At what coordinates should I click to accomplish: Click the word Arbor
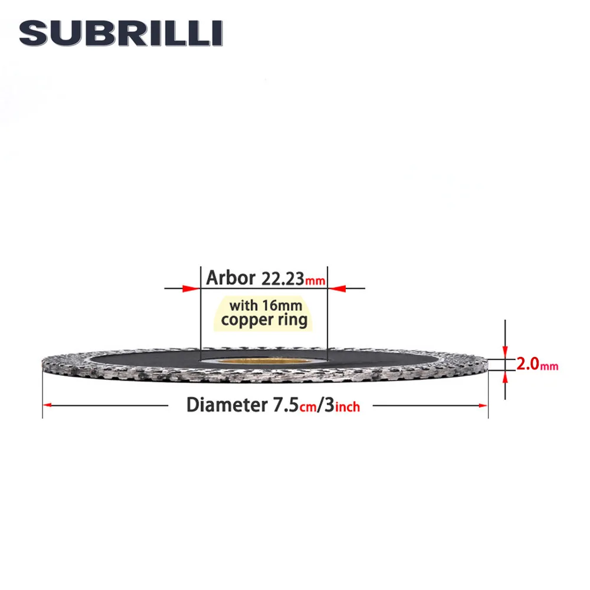pos(230,278)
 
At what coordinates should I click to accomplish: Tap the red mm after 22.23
pos(315,281)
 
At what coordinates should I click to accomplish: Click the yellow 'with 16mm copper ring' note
pos(264,313)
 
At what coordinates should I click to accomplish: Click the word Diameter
pos(224,405)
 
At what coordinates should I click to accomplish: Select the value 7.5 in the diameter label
pos(282,405)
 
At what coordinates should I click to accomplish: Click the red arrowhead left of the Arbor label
pos(191,289)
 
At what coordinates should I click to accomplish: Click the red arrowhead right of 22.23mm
pos(336,289)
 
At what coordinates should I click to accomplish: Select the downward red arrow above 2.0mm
pos(505,352)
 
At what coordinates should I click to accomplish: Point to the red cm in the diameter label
pos(307,407)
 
